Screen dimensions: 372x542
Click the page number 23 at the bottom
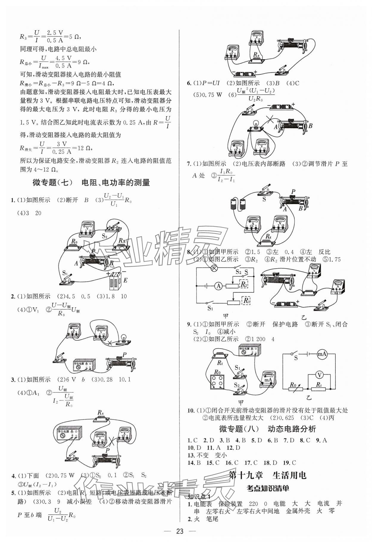[x=186, y=531]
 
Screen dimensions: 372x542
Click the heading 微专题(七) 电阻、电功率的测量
[x=91, y=183]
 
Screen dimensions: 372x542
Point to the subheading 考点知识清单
[x=268, y=488]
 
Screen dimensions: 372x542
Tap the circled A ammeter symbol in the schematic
[x=219, y=286]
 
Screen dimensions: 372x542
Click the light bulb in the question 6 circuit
[x=255, y=124]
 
